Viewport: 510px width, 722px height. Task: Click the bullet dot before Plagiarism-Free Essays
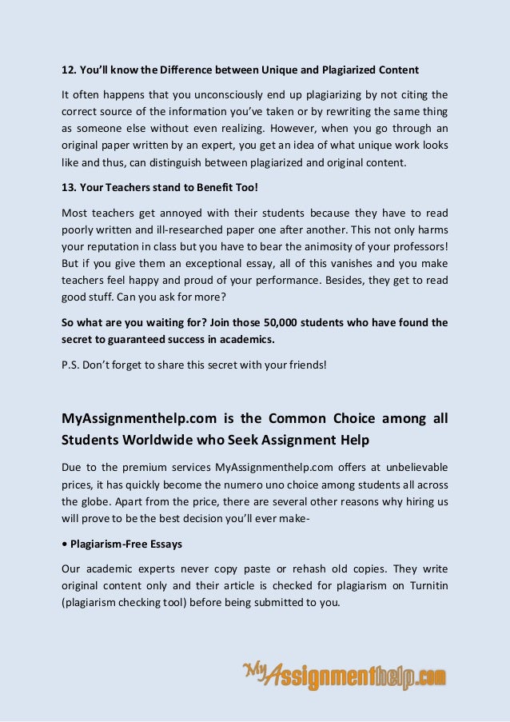[x=65, y=544]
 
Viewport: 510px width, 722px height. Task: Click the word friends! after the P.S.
[x=305, y=366]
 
